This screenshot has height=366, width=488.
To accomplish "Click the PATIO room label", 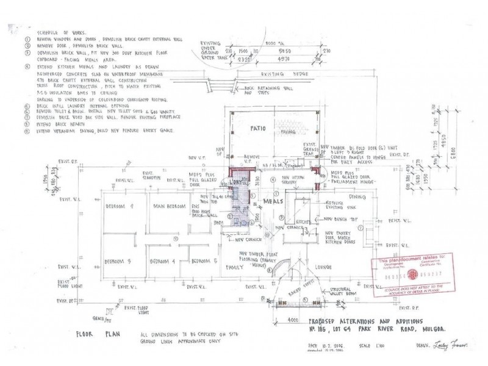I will pyautogui.click(x=256, y=129).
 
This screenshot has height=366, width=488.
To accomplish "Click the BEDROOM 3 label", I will pyautogui.click(x=117, y=261).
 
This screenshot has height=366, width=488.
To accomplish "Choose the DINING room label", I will pyautogui.click(x=357, y=196).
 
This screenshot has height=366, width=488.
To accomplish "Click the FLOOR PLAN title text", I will pyautogui.click(x=93, y=335).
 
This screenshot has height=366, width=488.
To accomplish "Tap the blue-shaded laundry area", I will pyautogui.click(x=242, y=204).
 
